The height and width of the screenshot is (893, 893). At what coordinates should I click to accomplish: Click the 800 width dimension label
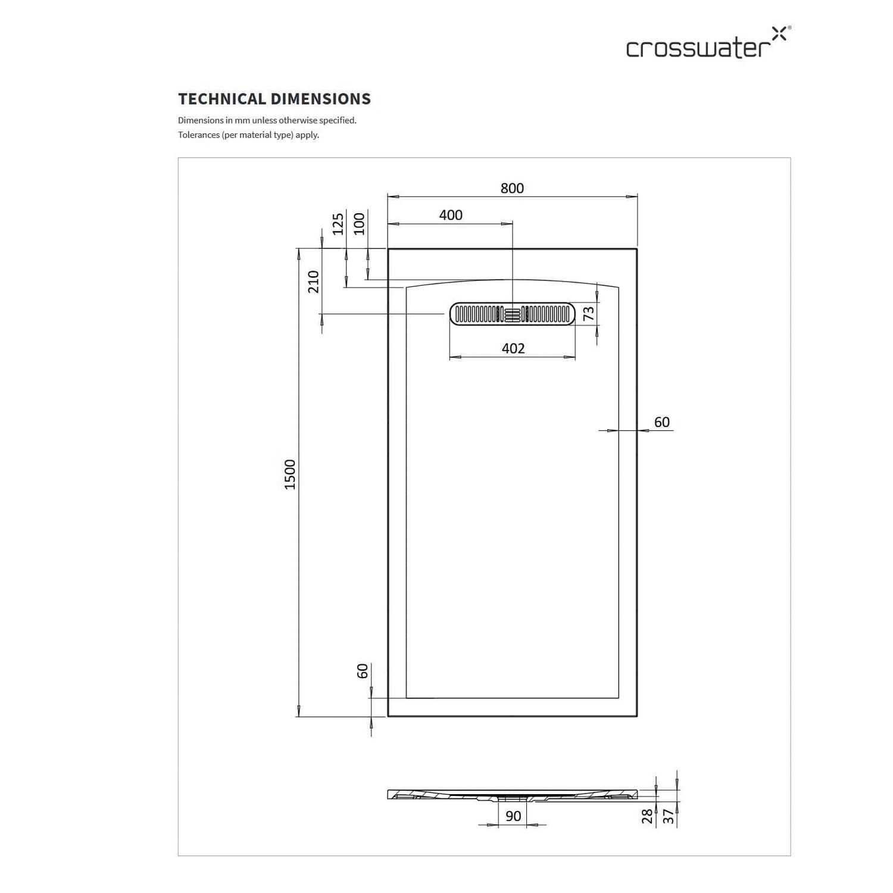(x=512, y=188)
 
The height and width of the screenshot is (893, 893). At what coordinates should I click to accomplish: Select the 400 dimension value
(x=451, y=215)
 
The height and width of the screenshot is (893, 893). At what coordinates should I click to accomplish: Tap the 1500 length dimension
(x=290, y=474)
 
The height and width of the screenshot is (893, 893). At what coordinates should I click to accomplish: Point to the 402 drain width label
(x=513, y=348)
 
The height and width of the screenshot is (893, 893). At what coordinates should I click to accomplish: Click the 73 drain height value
(x=589, y=313)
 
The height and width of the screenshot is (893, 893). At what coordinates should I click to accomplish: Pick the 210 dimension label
(x=313, y=282)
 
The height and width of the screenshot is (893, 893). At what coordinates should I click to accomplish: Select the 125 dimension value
(x=338, y=224)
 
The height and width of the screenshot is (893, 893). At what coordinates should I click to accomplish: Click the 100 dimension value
(x=359, y=224)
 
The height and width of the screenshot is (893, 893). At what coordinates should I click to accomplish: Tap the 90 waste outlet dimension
(x=513, y=816)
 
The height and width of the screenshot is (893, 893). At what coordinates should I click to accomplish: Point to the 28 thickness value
(x=648, y=816)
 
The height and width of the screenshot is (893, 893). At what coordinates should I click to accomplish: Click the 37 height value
(x=669, y=816)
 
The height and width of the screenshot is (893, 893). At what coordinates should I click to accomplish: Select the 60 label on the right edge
(x=662, y=422)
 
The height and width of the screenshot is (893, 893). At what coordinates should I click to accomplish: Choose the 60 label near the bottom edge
(x=363, y=671)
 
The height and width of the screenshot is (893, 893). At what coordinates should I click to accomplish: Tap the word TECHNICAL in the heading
(x=222, y=99)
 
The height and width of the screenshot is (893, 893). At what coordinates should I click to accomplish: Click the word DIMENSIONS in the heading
(x=321, y=99)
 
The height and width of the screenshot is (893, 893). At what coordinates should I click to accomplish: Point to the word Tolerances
(x=199, y=135)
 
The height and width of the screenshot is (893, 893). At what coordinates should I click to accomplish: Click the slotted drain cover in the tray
(x=513, y=314)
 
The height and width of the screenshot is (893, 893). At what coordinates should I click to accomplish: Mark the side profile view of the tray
(x=513, y=795)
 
